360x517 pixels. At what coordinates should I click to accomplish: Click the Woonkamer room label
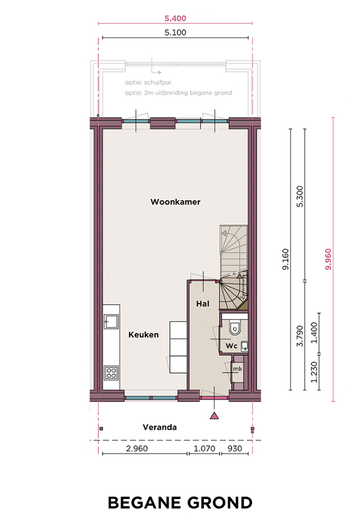[175, 202]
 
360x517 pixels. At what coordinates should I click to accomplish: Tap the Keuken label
[143, 335]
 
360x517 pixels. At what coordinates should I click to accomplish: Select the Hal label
[203, 303]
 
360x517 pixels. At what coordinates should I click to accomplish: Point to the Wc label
[232, 346]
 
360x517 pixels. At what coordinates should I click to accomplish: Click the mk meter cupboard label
[238, 369]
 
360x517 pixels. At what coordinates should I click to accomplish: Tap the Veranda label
[160, 427]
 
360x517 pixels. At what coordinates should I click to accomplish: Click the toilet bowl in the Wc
[235, 327]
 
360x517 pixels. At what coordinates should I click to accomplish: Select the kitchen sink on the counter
[111, 321]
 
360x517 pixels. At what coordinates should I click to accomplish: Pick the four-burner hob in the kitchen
[112, 373]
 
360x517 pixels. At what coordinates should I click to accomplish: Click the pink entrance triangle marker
[214, 416]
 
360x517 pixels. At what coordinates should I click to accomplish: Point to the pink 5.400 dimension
[175, 19]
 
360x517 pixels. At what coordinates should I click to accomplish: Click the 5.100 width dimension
[175, 32]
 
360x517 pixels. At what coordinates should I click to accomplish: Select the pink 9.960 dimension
[328, 260]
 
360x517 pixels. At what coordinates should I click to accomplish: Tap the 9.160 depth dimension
[286, 260]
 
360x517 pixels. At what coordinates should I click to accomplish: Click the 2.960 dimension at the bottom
[137, 449]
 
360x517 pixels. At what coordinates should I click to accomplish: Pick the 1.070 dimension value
[204, 449]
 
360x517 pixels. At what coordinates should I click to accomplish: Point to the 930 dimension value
[235, 449]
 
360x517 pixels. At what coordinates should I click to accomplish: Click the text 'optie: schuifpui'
[148, 82]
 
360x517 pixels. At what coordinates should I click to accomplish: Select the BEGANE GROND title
[180, 503]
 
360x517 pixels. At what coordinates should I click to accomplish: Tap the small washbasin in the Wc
[244, 346]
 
